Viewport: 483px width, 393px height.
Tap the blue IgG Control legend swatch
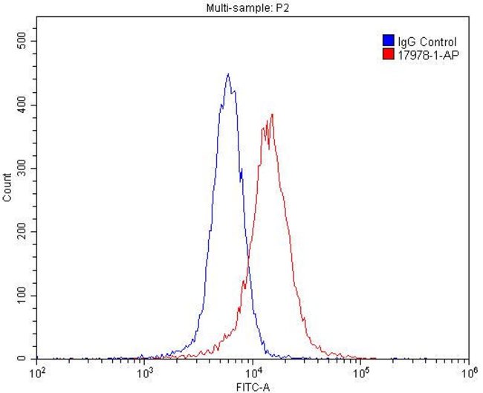pyautogui.click(x=387, y=42)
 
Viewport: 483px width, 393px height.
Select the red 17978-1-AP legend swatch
pyautogui.click(x=387, y=54)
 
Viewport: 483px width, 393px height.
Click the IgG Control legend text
pyautogui.click(x=427, y=42)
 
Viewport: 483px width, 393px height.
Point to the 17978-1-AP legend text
pyautogui.click(x=424, y=54)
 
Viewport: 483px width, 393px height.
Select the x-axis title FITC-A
pyautogui.click(x=253, y=386)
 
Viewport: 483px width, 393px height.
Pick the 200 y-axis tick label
pyautogui.click(x=22, y=232)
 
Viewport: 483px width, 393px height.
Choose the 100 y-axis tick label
pyautogui.click(x=22, y=296)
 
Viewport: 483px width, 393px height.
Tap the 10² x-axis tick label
pyautogui.click(x=36, y=371)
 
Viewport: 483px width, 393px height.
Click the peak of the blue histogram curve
pyautogui.click(x=228, y=74)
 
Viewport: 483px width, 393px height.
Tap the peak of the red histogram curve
pyautogui.click(x=273, y=114)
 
